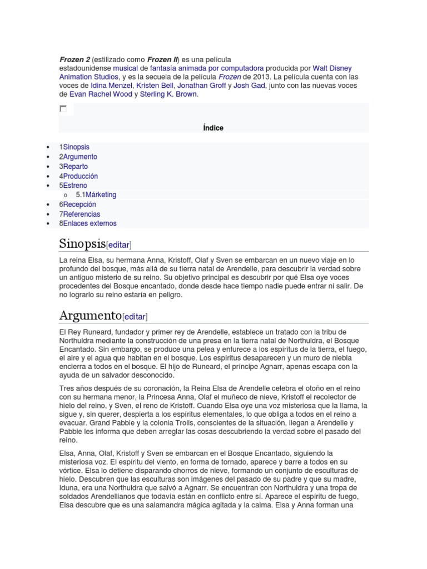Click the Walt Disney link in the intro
point(332,68)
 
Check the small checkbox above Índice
point(63,109)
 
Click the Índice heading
point(213,128)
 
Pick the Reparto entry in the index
point(75,166)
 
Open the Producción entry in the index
point(80,176)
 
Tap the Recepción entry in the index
point(80,204)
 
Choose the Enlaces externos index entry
point(90,223)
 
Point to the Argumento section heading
point(90,316)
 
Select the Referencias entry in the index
point(82,214)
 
